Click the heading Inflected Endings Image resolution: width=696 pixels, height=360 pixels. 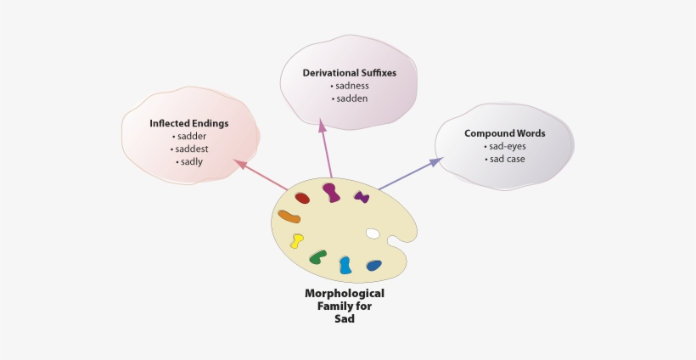click(189, 123)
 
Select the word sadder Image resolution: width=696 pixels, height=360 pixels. click(191, 136)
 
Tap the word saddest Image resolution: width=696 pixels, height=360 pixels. click(191, 149)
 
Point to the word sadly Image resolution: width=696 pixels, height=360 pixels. click(191, 161)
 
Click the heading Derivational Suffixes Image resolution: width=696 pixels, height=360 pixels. click(349, 73)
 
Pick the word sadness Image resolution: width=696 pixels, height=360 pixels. click(351, 86)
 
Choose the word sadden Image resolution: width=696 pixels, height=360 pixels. click(351, 98)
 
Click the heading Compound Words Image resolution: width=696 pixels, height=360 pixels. click(504, 133)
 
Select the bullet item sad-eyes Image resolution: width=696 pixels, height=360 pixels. click(506, 146)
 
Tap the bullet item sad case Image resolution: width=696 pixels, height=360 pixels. click(506, 159)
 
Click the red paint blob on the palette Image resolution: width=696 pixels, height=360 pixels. click(302, 198)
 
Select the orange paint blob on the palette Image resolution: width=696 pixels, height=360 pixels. click(289, 217)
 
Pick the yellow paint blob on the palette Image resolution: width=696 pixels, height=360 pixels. click(297, 241)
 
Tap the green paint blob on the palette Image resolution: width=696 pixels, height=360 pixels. click(318, 256)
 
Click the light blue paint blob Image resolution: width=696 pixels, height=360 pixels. click(345, 265)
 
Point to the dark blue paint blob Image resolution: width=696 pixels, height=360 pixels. click(373, 266)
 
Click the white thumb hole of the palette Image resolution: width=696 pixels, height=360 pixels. click(373, 233)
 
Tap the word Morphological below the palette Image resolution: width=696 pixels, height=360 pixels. click(345, 293)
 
